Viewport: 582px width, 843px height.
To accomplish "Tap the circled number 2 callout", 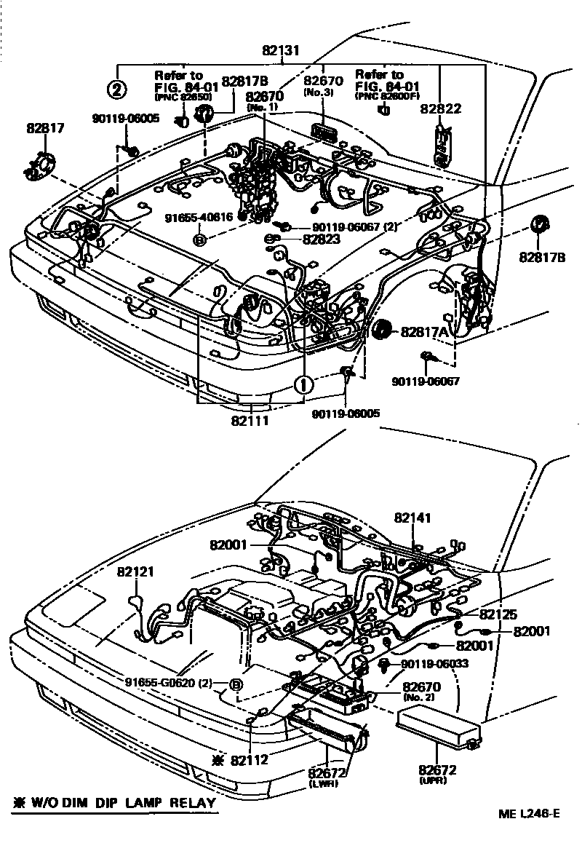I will pyautogui.click(x=118, y=90).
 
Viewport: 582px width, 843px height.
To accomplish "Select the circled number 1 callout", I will pyautogui.click(x=304, y=383).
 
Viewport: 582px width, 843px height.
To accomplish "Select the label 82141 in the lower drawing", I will pyautogui.click(x=413, y=518).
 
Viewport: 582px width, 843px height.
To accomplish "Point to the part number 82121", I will pyautogui.click(x=135, y=572).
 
